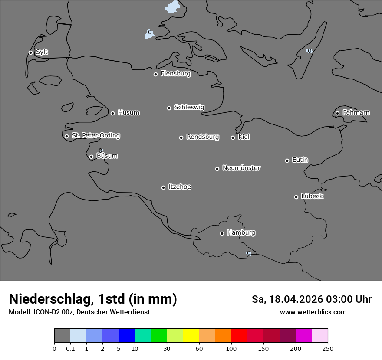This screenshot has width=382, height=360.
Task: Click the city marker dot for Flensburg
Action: point(155,74)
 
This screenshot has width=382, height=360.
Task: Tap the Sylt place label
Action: point(42,52)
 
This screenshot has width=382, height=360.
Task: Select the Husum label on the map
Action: point(128,113)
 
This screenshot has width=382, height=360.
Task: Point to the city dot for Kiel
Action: point(233,137)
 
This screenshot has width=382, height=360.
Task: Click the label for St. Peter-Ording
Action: point(95,136)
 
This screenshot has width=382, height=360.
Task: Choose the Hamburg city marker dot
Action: point(222,233)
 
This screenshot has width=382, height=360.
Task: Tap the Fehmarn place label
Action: point(356,113)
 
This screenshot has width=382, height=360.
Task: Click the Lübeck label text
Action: point(312,196)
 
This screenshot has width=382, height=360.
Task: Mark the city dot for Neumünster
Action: point(217,169)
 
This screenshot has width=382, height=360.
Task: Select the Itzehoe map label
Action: point(180,187)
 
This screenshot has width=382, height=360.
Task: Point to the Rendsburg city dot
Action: point(181,137)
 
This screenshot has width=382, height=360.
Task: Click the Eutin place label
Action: point(300,160)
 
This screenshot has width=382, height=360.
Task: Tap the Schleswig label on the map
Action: point(189,107)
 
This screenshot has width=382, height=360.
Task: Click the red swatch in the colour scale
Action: point(239,336)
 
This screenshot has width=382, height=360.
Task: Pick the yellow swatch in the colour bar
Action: point(191,336)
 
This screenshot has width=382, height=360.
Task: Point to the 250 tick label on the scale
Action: point(328,348)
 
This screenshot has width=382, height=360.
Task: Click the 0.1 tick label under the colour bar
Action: point(70,348)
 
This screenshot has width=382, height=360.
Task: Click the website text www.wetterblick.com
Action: point(313,312)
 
